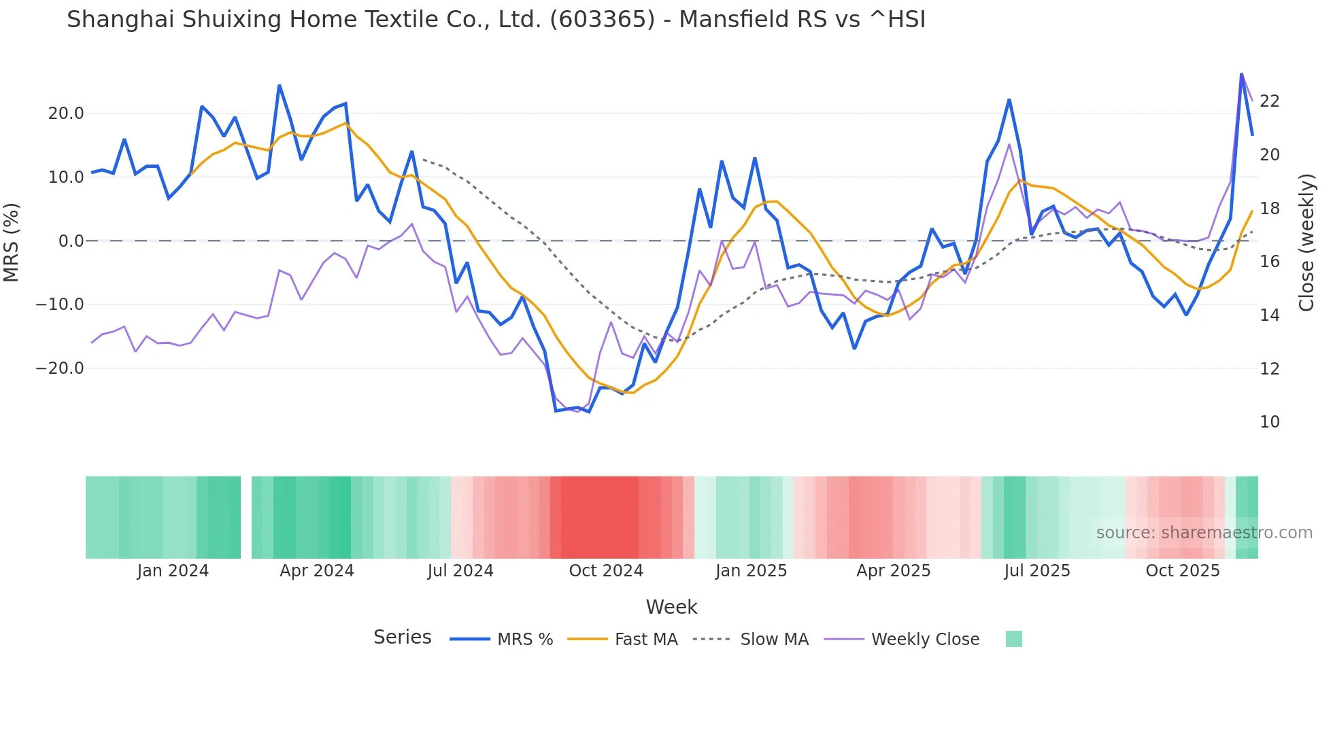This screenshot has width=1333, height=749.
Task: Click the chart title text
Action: [x=496, y=20]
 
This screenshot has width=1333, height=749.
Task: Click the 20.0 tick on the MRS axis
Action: [x=66, y=114]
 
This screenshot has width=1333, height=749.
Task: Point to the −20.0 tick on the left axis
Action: [x=60, y=368]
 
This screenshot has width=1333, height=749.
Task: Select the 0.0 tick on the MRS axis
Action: [x=71, y=241]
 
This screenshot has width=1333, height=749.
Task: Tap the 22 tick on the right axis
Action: [x=1269, y=101]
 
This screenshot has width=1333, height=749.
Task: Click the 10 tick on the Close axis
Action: [x=1269, y=422]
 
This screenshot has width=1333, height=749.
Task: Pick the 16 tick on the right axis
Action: [x=1269, y=262]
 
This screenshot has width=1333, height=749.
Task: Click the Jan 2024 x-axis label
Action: [x=173, y=571]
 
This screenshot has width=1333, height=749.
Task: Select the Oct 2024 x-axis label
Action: [x=606, y=571]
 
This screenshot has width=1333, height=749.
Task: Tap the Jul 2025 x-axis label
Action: [x=1036, y=571]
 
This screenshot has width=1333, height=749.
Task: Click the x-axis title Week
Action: [x=671, y=607]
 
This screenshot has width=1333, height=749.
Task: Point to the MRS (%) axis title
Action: [x=12, y=242]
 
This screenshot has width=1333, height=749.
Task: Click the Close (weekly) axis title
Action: [x=1306, y=242]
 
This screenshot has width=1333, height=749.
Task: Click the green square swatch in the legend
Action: [x=1013, y=639]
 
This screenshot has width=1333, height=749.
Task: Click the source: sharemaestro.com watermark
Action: [x=1204, y=533]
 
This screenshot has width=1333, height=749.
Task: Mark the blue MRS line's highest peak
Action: [x=1241, y=73]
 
